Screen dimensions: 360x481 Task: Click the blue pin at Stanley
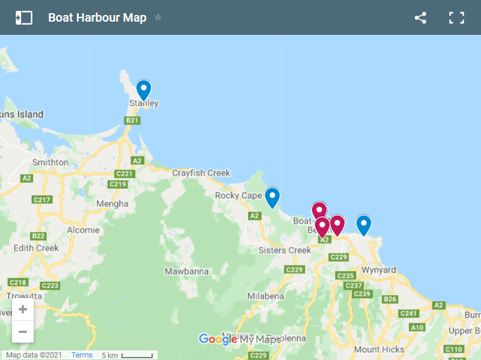tap(143, 90)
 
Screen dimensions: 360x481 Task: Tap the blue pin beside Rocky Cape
tap(272, 197)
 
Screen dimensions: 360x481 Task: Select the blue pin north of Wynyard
tap(363, 225)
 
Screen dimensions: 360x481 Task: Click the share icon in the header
tap(420, 17)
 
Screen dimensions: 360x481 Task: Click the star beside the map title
tap(158, 17)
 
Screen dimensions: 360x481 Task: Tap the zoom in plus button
tap(23, 310)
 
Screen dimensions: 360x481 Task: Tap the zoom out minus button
tap(23, 331)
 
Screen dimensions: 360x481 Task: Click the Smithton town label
tap(51, 162)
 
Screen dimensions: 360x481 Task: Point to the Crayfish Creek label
tap(201, 173)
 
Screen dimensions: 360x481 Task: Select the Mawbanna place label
tap(186, 271)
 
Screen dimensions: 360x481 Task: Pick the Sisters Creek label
tap(284, 250)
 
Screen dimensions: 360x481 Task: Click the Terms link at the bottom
tap(82, 355)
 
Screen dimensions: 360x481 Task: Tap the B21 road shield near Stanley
tap(132, 120)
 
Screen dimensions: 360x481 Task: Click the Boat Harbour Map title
tap(97, 17)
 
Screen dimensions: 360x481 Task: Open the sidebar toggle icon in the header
tap(24, 17)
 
